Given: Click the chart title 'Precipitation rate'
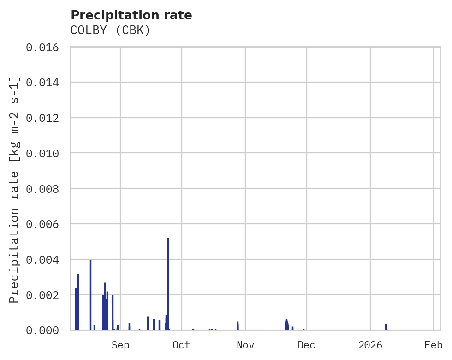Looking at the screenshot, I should coord(131,15).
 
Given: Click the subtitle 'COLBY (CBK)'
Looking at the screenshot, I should coord(110,30).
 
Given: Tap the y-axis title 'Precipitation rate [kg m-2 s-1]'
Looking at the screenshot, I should coord(14,189).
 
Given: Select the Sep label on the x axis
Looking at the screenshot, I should coord(120,345).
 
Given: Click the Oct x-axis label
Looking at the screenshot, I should coord(182,345).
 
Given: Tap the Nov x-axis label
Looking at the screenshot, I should coord(245,345).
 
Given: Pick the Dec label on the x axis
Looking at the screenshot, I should coord(306,345).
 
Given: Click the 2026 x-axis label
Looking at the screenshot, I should coord(370,345).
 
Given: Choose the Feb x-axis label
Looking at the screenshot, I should coord(434,345).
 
